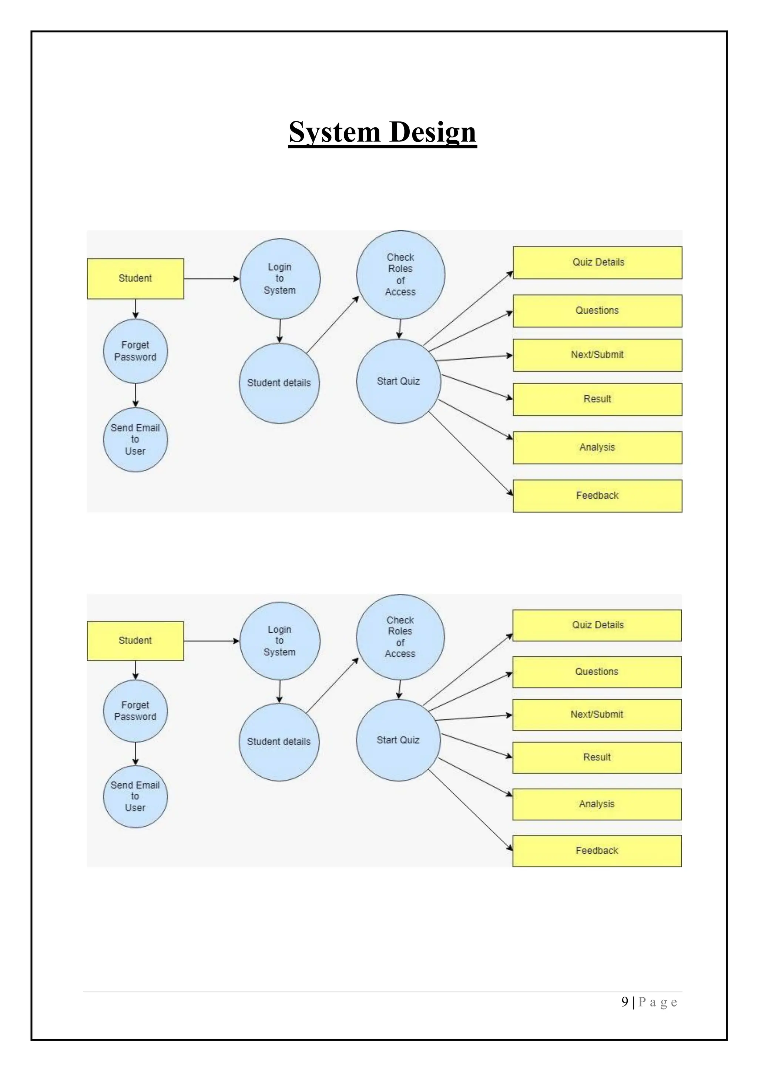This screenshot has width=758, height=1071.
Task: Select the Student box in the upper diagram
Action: click(x=135, y=279)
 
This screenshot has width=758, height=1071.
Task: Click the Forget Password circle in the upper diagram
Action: click(x=135, y=351)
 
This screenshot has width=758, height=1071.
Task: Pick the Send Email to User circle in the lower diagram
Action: click(x=135, y=796)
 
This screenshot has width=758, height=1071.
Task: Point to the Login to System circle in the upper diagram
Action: click(x=280, y=279)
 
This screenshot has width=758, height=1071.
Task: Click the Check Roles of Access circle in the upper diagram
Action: click(x=400, y=275)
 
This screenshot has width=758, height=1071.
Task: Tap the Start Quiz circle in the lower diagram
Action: click(x=398, y=740)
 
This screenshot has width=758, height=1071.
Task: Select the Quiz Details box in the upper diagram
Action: click(x=597, y=262)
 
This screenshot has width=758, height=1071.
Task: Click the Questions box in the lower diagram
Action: click(x=597, y=672)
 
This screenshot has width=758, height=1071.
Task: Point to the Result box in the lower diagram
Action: click(x=597, y=757)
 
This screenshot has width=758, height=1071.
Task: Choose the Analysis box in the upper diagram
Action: click(x=597, y=447)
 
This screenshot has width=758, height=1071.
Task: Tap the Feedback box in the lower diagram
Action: click(x=597, y=851)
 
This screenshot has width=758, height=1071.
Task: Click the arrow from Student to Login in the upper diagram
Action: click(x=211, y=279)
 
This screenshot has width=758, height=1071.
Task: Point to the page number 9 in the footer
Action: click(x=624, y=1003)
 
